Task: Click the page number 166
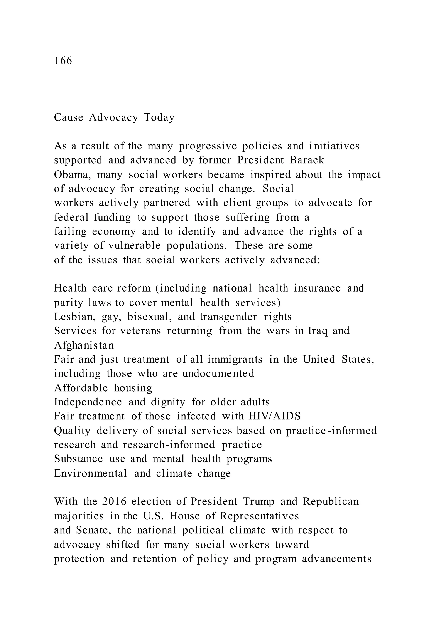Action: [63, 60]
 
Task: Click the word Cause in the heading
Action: [68, 117]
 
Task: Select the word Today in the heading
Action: [159, 117]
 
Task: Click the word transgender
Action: [228, 317]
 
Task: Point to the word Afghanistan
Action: [84, 345]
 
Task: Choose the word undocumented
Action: [218, 374]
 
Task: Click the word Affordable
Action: [81, 388]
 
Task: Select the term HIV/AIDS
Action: [274, 416]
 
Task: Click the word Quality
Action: [72, 431]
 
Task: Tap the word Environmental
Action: [90, 473]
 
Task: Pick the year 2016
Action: [114, 502]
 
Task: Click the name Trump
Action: [258, 502]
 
